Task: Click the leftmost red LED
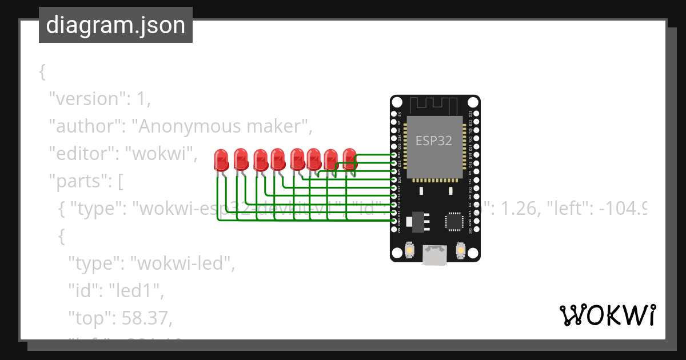coord(221,159)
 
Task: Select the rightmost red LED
coord(349,158)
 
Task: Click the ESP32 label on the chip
coord(433,141)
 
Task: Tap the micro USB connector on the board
coord(435,255)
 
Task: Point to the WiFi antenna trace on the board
coord(434,105)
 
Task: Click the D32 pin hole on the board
coord(393,155)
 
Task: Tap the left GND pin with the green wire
coord(393,221)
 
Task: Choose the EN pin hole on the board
coord(393,114)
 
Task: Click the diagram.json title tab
coord(115,25)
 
